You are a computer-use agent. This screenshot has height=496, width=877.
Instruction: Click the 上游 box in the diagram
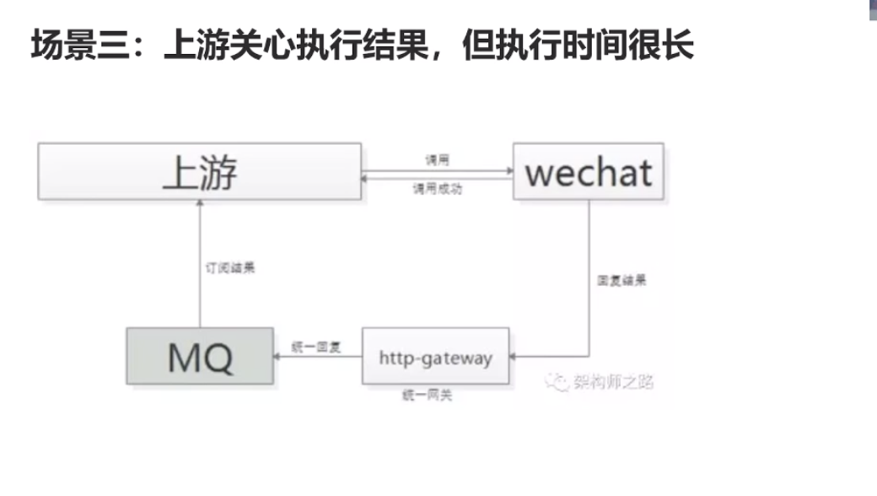pos(199,171)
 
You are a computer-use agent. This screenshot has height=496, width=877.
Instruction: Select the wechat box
pos(588,172)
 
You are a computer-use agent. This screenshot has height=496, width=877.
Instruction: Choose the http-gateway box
pos(435,357)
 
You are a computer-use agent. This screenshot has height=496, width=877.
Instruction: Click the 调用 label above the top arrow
pos(437,159)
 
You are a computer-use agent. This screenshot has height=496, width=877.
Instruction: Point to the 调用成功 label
pos(437,189)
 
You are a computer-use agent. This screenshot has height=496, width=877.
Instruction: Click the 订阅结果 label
pos(230,268)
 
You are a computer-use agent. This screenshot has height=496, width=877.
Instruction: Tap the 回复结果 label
pos(621,281)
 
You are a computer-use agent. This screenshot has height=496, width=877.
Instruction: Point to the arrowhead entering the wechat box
pos(508,170)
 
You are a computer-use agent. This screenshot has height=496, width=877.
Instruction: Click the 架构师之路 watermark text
pos(612,382)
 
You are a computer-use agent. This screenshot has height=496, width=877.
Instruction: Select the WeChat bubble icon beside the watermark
pos(556,382)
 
